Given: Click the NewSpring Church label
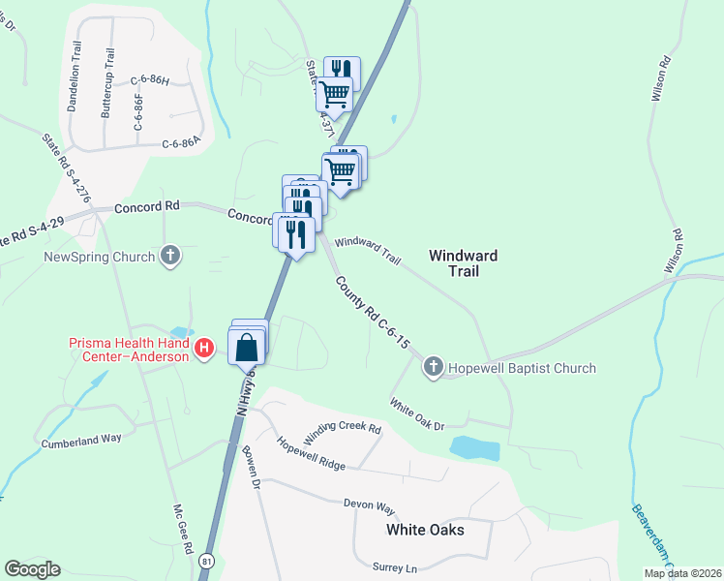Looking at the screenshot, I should tap(100, 257).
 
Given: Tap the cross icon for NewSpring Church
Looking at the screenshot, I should tap(171, 257).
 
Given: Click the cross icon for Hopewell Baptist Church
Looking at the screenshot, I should tap(433, 367).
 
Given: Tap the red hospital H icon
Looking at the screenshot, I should tap(204, 349).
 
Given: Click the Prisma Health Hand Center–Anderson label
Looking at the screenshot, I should tap(130, 349).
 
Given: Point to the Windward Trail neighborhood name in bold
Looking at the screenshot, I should tap(463, 263).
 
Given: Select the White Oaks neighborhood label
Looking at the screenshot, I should tap(425, 530).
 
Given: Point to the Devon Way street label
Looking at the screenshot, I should tap(370, 505).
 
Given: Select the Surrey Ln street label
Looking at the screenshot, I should tap(395, 566).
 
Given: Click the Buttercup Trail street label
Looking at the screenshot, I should tap(106, 84).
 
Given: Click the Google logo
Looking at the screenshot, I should tap(32, 568).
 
